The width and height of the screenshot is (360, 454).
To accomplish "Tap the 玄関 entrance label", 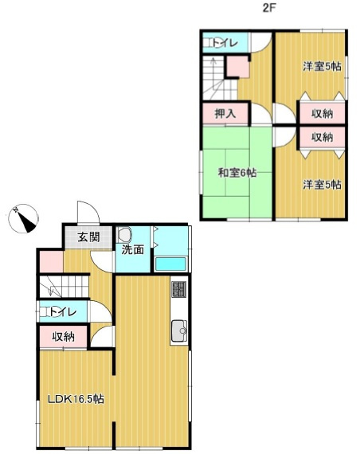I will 88,236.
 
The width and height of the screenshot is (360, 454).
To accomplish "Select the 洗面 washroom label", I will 133,249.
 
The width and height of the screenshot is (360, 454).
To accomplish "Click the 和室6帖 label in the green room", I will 237,172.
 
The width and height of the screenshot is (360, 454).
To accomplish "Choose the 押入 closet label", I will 225,113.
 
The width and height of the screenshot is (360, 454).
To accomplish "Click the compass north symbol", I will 24,217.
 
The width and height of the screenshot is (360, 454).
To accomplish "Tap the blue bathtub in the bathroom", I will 170,264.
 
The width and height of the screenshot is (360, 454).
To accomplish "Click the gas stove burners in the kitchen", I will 179,291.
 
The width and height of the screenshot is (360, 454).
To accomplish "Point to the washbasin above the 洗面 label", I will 125,235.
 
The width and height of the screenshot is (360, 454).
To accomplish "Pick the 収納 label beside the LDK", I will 64,336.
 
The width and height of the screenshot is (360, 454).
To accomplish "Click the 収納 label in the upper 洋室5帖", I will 322,112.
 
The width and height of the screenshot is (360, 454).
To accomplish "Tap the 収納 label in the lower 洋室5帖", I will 322,137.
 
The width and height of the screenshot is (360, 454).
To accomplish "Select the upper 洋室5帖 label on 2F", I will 322,67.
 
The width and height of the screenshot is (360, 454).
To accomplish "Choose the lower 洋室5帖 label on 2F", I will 322,185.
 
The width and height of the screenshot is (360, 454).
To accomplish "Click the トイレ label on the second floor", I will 223,43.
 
